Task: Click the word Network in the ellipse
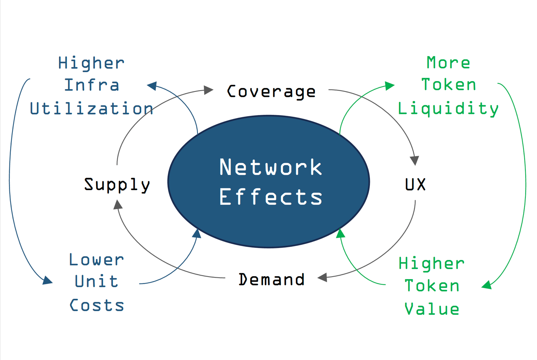pyautogui.click(x=270, y=167)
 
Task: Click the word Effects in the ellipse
pyautogui.click(x=270, y=197)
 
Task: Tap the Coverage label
pyautogui.click(x=271, y=92)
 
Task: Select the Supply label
pyautogui.click(x=117, y=185)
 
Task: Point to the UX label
pyautogui.click(x=415, y=185)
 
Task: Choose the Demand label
pyautogui.click(x=271, y=280)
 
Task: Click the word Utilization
pyautogui.click(x=91, y=109)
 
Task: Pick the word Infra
pyautogui.click(x=92, y=85)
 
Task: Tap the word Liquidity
pyautogui.click(x=448, y=109)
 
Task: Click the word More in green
pyautogui.click(x=448, y=63)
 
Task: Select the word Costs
pyautogui.click(x=97, y=305)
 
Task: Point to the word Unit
pyautogui.click(x=97, y=281)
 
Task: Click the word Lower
pyautogui.click(x=97, y=260)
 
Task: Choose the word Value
pyautogui.click(x=432, y=309)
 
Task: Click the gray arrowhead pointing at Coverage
pyautogui.click(x=209, y=90)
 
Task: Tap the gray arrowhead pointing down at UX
pyautogui.click(x=415, y=160)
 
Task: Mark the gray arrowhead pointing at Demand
pyautogui.click(x=322, y=278)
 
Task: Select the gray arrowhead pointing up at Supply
pyautogui.click(x=118, y=204)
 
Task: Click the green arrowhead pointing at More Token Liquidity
pyautogui.click(x=390, y=86)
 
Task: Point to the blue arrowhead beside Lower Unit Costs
pyautogui.click(x=48, y=280)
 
